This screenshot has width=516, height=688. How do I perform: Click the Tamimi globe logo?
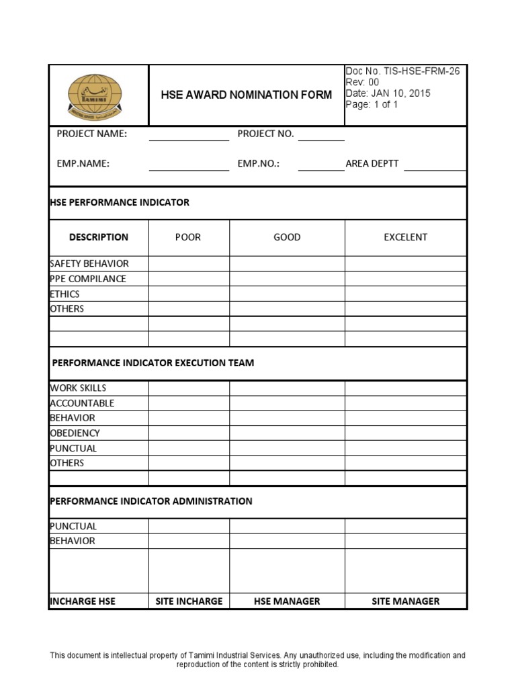coord(98,95)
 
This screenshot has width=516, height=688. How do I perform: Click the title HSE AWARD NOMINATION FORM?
coord(246,95)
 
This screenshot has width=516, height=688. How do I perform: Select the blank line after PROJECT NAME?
coord(189,136)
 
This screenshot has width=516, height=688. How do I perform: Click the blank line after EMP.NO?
coord(320,167)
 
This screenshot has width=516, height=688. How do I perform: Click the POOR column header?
coord(188,237)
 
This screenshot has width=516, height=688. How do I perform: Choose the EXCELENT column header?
coord(405,237)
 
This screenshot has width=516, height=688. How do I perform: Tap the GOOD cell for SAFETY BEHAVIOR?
coord(287,263)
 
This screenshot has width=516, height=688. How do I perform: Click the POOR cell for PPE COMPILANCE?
coord(189,279)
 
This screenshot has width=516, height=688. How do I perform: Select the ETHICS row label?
coord(64,294)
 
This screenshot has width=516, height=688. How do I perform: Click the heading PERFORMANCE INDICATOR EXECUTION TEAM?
coord(153,363)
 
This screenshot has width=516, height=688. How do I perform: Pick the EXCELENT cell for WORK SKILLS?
coord(405,388)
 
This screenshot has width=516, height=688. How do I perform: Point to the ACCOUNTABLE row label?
coord(82,403)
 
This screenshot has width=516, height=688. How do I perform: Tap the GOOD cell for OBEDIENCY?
coord(287,433)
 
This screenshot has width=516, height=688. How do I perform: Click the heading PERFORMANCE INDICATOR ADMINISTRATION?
coord(151,501)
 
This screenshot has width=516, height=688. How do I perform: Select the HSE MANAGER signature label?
coord(287,601)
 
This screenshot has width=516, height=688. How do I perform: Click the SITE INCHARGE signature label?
coord(189,601)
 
